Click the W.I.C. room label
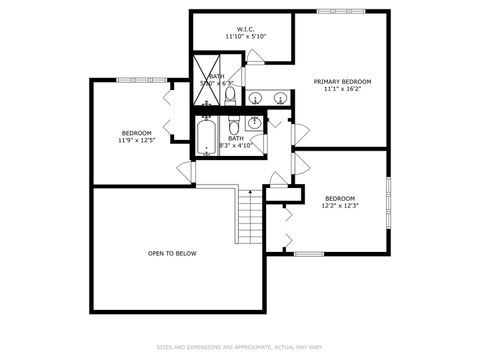245,28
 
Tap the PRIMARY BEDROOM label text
342,81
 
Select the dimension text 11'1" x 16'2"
342,89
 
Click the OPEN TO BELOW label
172,253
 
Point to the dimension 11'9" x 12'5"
137,141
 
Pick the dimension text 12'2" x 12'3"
339,206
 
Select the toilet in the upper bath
230,96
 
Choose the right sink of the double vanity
279,98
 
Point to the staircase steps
249,218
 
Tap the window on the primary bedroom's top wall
339,11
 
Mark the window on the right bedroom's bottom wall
309,253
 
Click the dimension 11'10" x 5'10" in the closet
245,36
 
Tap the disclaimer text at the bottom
239,348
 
